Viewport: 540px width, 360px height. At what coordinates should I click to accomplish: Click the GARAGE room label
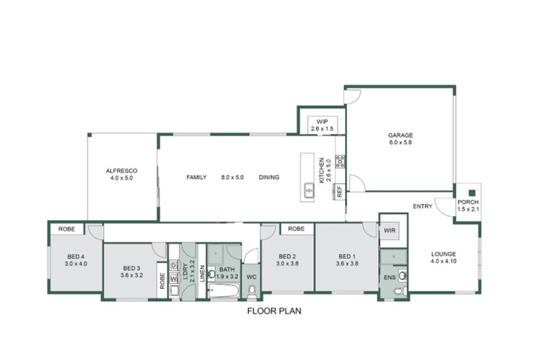point(401,135)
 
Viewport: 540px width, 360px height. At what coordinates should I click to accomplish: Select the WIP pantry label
point(321,121)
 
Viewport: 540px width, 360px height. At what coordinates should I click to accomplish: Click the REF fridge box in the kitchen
point(339,192)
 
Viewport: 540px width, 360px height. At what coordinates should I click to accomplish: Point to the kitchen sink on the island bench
point(309,190)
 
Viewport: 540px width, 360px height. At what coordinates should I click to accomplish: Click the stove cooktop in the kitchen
point(340,162)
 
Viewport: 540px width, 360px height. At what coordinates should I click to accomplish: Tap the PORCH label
point(468,202)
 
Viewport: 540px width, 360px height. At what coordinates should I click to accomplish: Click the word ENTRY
point(422,206)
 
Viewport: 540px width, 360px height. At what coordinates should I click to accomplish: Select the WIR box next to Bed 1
point(390,231)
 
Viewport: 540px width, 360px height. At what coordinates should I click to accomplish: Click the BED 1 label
point(347,256)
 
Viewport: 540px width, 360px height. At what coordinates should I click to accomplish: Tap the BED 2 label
point(287,256)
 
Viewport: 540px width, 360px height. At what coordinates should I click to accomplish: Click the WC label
point(251,277)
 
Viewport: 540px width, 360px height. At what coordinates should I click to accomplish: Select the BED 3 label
point(132,268)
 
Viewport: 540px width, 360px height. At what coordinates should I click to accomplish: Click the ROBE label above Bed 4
point(66,229)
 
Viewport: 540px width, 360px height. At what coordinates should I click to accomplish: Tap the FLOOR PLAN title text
point(273,310)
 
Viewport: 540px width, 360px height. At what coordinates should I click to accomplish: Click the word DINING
point(269,178)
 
